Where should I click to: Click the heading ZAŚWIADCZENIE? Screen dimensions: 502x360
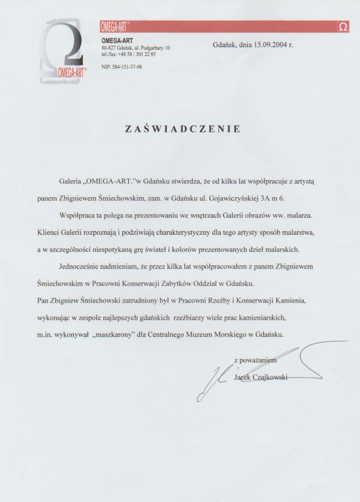pyautogui.click(x=183, y=129)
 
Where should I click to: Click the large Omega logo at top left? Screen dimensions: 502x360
pyautogui.click(x=63, y=51)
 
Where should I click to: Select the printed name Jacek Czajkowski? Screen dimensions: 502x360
pyautogui.click(x=261, y=378)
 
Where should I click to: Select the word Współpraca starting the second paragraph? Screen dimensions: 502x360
pyautogui.click(x=78, y=216)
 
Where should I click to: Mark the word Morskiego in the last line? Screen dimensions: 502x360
pyautogui.click(x=228, y=333)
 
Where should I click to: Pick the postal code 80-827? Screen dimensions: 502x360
pyautogui.click(x=109, y=48)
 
